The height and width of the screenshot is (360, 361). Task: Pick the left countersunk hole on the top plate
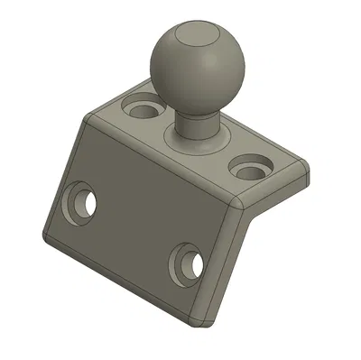[143, 110]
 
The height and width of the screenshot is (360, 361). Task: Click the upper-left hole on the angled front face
[80, 202]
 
